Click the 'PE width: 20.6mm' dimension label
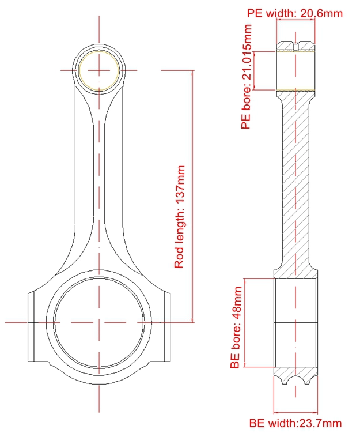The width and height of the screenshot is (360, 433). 294,13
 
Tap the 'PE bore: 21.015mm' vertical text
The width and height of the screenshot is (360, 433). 247,77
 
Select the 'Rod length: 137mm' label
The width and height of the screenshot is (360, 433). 179,217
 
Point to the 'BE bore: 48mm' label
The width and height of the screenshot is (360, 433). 236,327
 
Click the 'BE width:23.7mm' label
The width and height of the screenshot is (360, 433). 295,423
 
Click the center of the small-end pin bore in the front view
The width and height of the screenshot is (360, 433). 99,70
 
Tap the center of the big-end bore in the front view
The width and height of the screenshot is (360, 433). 99,322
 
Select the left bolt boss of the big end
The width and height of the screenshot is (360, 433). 31,327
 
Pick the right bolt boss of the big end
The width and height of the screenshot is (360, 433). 167,327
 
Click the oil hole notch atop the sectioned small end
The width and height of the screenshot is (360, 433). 295,46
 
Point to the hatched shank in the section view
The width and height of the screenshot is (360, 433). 295,182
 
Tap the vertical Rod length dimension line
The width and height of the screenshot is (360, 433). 192,197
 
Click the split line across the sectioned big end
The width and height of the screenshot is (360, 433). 295,322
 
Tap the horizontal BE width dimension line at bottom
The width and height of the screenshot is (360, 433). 295,413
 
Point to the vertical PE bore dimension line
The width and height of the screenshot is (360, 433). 254,70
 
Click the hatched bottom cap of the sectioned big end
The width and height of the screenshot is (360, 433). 295,374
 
